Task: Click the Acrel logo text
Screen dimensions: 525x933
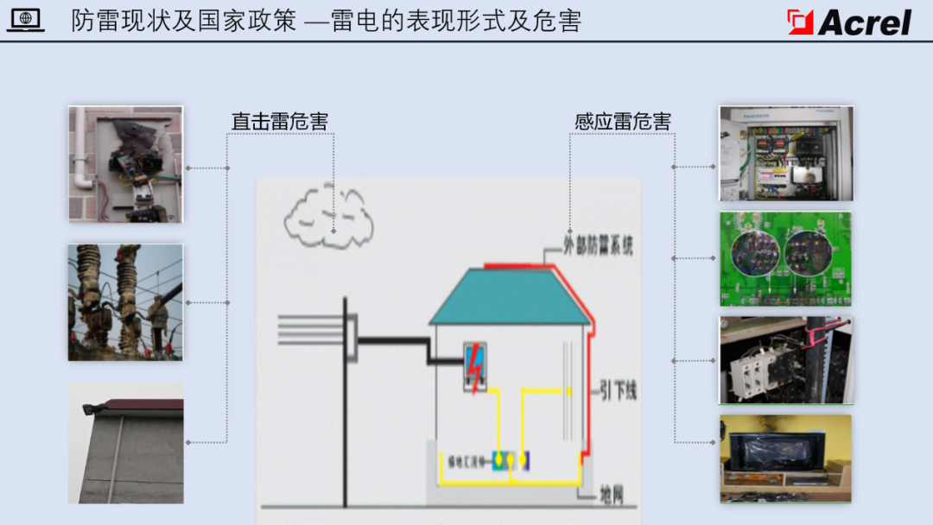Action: click(x=865, y=22)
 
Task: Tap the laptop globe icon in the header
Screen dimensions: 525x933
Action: click(x=26, y=20)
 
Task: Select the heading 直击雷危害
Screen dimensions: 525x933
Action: click(x=279, y=122)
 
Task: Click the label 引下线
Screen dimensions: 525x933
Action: click(x=618, y=391)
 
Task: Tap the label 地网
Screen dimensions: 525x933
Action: click(x=612, y=495)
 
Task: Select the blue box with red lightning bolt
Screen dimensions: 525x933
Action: click(x=474, y=368)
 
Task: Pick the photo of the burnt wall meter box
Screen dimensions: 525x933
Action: click(x=126, y=164)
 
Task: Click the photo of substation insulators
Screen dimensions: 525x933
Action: click(x=126, y=302)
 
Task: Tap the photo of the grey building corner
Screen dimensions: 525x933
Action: click(x=126, y=443)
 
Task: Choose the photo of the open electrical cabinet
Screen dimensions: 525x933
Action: click(x=786, y=154)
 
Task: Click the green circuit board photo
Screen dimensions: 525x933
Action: click(x=786, y=259)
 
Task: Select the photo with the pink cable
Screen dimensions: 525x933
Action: click(x=786, y=360)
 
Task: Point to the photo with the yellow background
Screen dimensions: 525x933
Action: click(x=786, y=459)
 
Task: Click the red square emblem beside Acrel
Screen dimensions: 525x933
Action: click(x=801, y=22)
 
